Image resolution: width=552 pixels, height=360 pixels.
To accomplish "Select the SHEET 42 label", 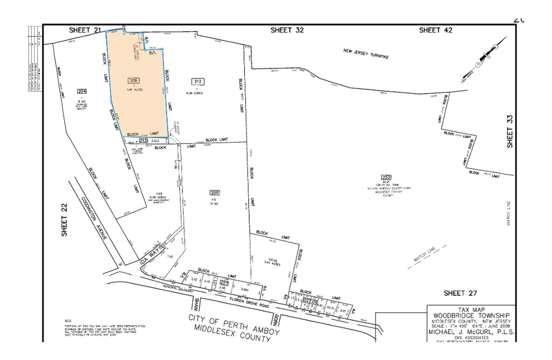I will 436,29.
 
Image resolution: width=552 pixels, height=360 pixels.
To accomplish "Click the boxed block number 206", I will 133,81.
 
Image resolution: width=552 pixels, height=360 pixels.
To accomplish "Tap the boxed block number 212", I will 197,81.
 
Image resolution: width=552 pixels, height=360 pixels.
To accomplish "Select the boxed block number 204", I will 82,92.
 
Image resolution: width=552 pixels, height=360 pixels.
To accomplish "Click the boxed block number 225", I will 214,192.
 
